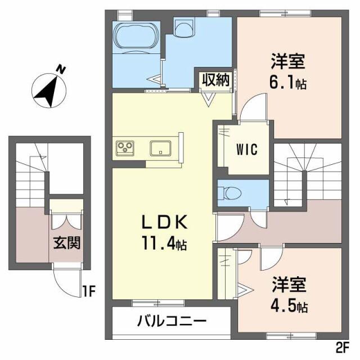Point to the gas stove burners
pyautogui.click(x=125, y=148)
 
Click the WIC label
pyautogui.click(x=246, y=150)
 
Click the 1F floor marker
pyautogui.click(x=88, y=291)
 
